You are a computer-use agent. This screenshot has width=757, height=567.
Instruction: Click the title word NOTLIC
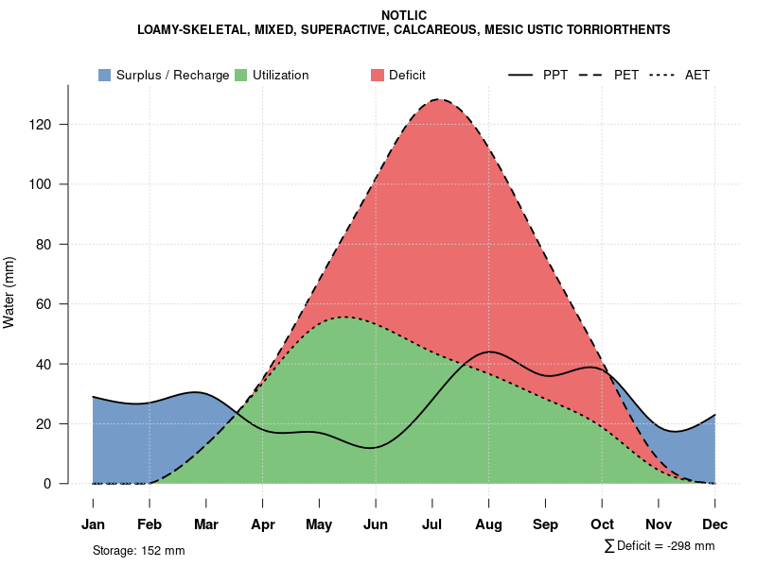(x=404, y=16)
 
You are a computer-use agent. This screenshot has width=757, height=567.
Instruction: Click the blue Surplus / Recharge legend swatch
(x=105, y=75)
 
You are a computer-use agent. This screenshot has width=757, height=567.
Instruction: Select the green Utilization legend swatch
(x=241, y=75)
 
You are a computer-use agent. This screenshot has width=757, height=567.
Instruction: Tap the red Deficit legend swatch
(x=377, y=75)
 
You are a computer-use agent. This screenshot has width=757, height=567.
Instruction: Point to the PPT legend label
(x=555, y=75)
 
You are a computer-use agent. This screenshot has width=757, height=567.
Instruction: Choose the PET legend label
(x=625, y=75)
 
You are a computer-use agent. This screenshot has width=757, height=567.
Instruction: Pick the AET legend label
(x=697, y=75)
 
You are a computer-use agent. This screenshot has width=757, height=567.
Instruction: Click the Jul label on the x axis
(x=432, y=524)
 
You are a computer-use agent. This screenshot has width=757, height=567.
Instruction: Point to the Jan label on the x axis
(x=93, y=524)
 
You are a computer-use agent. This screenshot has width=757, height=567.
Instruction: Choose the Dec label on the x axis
(x=715, y=524)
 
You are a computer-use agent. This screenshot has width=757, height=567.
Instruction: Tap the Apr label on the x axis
(x=263, y=524)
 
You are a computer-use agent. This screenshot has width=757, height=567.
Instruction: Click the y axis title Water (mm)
(x=9, y=292)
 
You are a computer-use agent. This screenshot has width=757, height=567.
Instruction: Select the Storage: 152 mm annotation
(x=138, y=550)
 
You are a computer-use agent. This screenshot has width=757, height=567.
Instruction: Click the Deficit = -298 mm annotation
(x=664, y=546)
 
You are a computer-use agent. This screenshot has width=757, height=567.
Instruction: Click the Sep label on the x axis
(x=545, y=524)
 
